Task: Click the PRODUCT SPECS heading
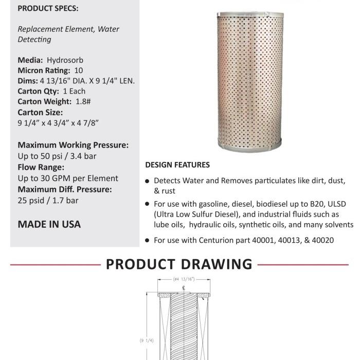[47, 9]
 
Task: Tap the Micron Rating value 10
[79, 70]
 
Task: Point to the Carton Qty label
[39, 92]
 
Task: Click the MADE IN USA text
[49, 224]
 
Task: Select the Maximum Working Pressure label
[73, 146]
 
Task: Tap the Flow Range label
[41, 167]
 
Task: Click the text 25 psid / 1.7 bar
[48, 201]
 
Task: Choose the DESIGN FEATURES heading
[177, 165]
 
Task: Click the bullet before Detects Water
[148, 182]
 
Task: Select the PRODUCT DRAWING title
[179, 264]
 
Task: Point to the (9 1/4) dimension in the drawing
[147, 340]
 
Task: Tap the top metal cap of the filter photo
[250, 11]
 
